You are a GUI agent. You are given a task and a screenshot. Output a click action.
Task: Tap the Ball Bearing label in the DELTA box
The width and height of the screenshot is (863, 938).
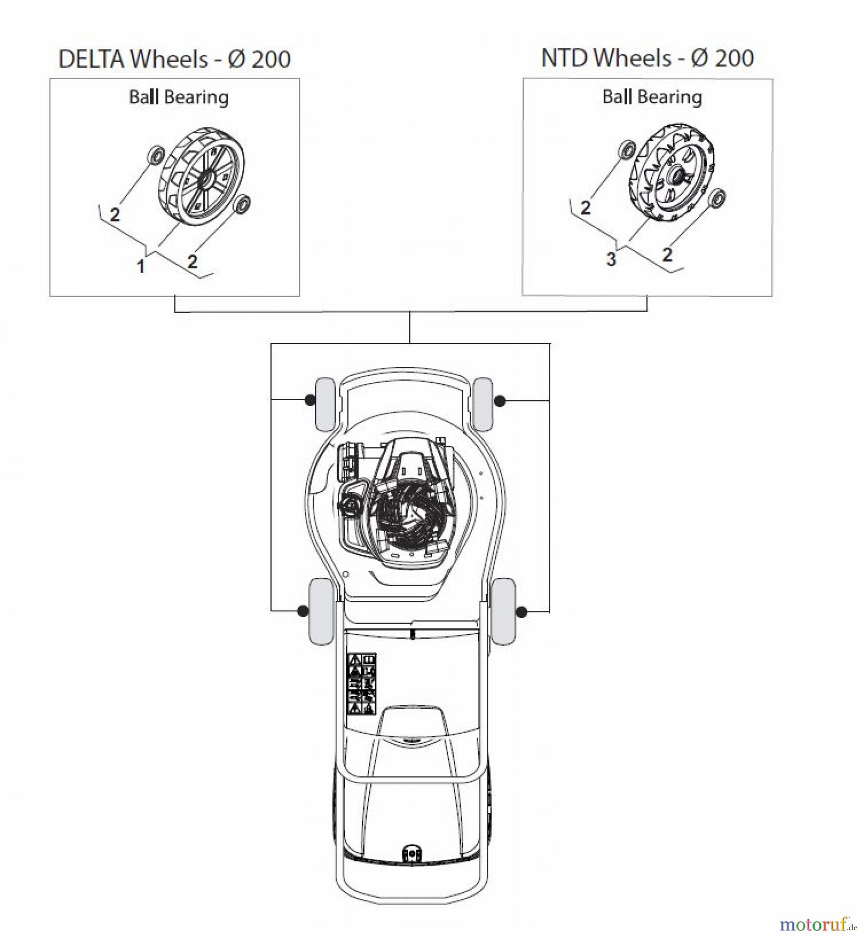tap(179, 97)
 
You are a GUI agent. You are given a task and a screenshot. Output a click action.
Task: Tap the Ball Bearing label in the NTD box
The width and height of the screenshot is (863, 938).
tap(652, 97)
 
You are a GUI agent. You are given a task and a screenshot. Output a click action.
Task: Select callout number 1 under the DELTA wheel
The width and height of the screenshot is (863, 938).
tap(140, 267)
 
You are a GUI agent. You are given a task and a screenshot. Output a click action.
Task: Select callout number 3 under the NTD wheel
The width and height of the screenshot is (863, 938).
tap(611, 259)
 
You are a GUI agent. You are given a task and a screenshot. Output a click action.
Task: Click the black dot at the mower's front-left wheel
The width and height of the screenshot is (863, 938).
tap(310, 400)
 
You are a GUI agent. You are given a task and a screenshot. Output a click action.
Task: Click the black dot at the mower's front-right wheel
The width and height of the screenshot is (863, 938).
tap(500, 401)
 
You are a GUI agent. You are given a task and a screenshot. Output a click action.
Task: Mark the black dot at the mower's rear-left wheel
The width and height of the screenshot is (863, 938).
tap(302, 611)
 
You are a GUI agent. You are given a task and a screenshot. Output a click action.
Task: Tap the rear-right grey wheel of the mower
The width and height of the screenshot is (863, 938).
tap(503, 611)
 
